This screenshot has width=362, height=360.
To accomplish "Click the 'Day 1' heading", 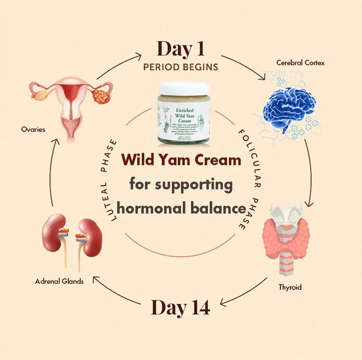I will tap(181, 49).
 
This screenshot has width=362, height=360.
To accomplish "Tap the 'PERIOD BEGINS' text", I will tap(181, 67).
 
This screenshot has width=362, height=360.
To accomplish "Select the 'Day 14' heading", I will tap(181, 308).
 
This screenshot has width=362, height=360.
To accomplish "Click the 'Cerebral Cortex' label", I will tap(300, 63).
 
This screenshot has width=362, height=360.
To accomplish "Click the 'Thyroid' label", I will tap(290, 287).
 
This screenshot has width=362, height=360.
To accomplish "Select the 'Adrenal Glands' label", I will tap(59, 282).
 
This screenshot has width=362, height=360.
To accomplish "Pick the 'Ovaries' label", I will tap(33, 130).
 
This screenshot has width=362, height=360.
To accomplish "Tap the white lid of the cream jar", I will tap(184, 89).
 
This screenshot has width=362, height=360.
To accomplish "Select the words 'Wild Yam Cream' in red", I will tap(181, 160).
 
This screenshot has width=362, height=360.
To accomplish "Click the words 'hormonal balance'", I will tap(181, 209).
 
